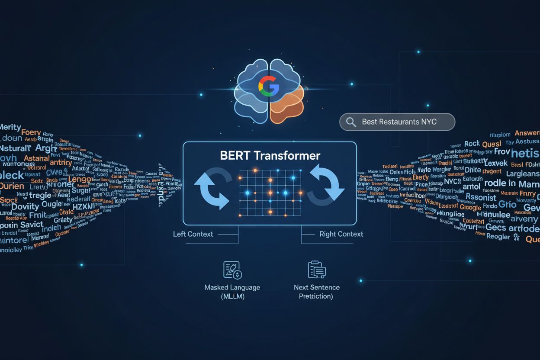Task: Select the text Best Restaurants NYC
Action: (399, 122)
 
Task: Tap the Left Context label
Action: (193, 234)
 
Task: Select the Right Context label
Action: (341, 234)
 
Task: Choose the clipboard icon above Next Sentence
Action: (316, 270)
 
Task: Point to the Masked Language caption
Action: (232, 287)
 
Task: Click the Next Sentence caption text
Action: (316, 287)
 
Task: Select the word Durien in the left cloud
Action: (12, 186)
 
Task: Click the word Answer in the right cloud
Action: (527, 133)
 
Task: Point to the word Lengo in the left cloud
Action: (80, 179)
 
